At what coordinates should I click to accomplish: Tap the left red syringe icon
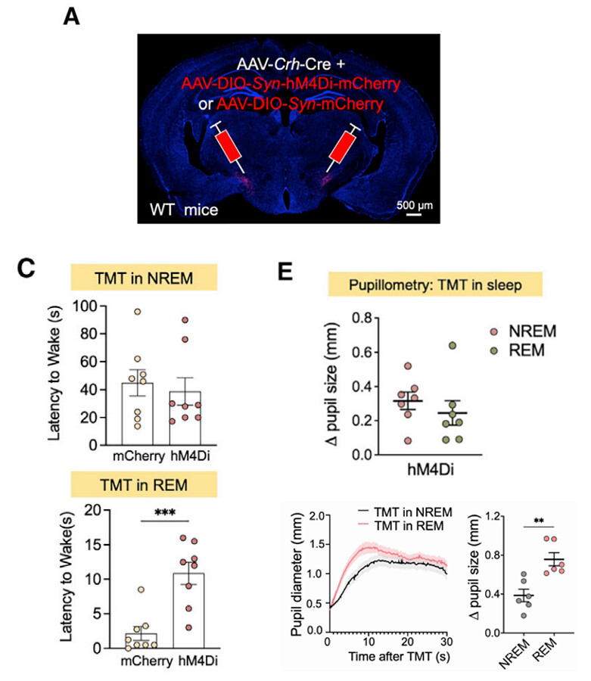228,147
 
